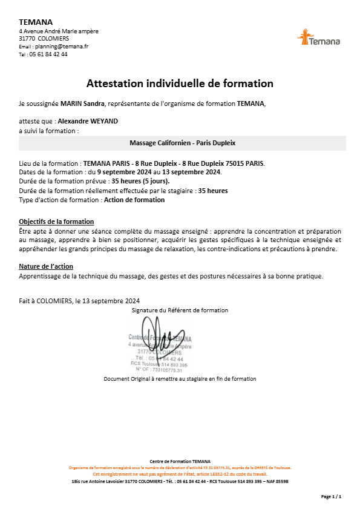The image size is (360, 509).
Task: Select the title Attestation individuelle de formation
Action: point(180,83)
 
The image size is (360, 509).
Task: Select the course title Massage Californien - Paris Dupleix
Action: point(182,143)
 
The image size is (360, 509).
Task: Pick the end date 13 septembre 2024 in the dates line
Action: point(191,172)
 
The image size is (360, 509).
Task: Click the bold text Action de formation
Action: point(134,200)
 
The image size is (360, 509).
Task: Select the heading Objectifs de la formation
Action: point(56,222)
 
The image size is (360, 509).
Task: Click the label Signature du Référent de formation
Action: point(180,310)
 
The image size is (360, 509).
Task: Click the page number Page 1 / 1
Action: point(331,496)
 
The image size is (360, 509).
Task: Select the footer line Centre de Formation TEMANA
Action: point(180,461)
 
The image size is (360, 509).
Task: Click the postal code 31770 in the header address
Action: point(27,38)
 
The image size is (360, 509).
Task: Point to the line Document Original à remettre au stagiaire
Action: point(180,379)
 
